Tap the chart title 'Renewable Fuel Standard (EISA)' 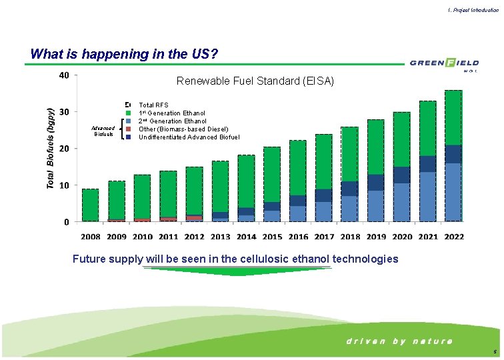coord(255,81)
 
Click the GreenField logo coord(444,63)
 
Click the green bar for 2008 coord(91,205)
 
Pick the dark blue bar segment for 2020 coord(402,175)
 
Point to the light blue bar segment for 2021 coord(428,196)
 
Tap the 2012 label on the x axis coord(194,237)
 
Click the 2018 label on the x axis coord(350,237)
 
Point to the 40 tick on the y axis coord(63,75)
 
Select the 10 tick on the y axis coord(63,185)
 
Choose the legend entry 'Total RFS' coord(153,105)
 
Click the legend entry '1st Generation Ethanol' coord(172,113)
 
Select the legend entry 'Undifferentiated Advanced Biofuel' coord(189,137)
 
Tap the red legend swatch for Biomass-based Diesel coord(128,129)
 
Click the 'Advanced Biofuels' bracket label coord(104,131)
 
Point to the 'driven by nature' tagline coord(399,341)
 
